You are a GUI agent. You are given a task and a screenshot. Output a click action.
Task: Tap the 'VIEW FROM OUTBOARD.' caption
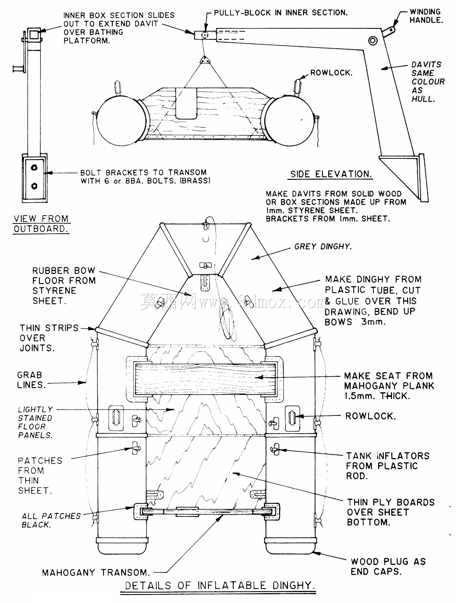pyautogui.click(x=41, y=224)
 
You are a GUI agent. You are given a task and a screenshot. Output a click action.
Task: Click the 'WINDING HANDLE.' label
pyautogui.click(x=426, y=16)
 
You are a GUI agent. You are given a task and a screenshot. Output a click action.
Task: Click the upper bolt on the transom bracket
pyautogui.click(x=34, y=167)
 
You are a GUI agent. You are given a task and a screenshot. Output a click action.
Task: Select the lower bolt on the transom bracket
pyautogui.click(x=34, y=186)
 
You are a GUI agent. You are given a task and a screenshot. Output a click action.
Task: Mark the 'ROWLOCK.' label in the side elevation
pyautogui.click(x=331, y=73)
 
